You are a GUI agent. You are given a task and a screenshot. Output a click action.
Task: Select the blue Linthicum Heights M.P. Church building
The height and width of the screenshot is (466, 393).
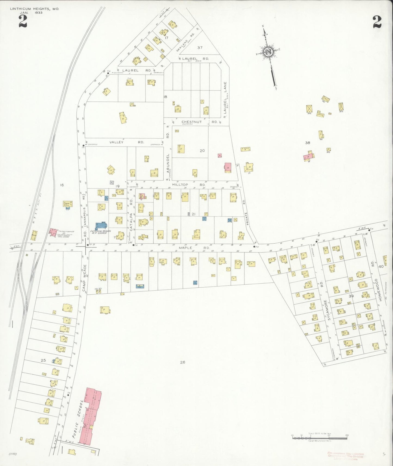[x=101, y=226]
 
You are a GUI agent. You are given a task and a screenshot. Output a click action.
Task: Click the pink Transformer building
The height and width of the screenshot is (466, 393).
[x=53, y=232]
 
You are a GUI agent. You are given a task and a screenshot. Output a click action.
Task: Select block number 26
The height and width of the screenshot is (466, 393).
[x=182, y=362]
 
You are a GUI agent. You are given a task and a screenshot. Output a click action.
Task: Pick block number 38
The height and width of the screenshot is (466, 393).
[x=308, y=143]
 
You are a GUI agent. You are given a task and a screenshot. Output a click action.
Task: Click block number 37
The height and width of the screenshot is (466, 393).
[x=200, y=48]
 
